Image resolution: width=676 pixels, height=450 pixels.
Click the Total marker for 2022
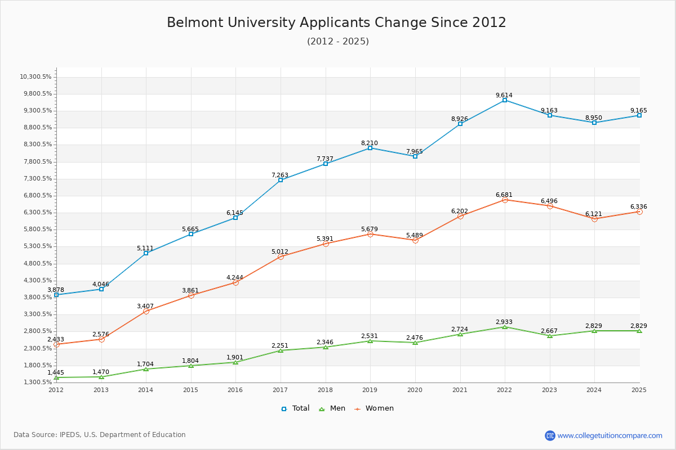[505, 100]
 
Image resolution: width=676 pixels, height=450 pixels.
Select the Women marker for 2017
[281, 257]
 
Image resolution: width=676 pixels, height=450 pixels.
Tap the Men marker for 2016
[235, 362]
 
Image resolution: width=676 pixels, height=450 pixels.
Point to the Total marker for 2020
[415, 156]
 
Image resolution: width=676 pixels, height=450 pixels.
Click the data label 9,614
[504, 95]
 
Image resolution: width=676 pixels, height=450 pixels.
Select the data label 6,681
[504, 195]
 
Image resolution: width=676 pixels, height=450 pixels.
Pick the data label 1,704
[145, 364]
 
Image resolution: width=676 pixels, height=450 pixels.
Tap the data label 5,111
[145, 248]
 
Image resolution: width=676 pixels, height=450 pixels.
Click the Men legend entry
[332, 408]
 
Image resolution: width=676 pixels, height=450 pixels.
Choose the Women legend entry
[374, 408]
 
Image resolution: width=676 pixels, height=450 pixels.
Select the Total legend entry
[295, 408]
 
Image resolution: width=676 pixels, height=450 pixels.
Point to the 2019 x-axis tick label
[370, 390]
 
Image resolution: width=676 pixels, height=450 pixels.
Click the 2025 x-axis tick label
[639, 390]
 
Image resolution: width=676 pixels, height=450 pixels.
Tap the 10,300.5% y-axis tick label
[35, 76]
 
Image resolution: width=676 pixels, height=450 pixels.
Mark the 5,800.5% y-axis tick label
[38, 229]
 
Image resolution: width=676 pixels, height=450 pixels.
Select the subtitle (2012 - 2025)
[338, 41]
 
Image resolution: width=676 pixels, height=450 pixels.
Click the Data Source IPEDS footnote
[100, 435]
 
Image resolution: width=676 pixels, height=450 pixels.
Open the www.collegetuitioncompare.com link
[610, 435]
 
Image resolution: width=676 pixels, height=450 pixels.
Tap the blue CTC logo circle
[550, 435]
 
